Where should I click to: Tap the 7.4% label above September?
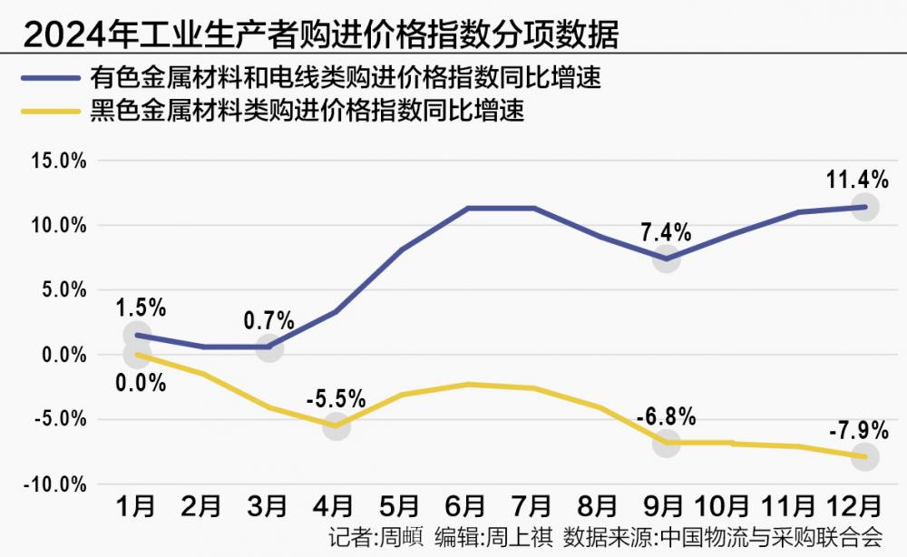click(x=667, y=232)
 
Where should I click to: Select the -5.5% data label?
click(x=336, y=398)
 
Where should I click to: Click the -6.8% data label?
click(x=667, y=417)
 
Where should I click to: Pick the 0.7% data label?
click(x=268, y=320)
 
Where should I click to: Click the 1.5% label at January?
click(x=141, y=308)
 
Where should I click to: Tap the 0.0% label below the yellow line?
click(x=141, y=383)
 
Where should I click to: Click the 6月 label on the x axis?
click(x=467, y=506)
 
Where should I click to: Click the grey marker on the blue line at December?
click(x=865, y=207)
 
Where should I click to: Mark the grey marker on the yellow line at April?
click(x=336, y=425)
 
